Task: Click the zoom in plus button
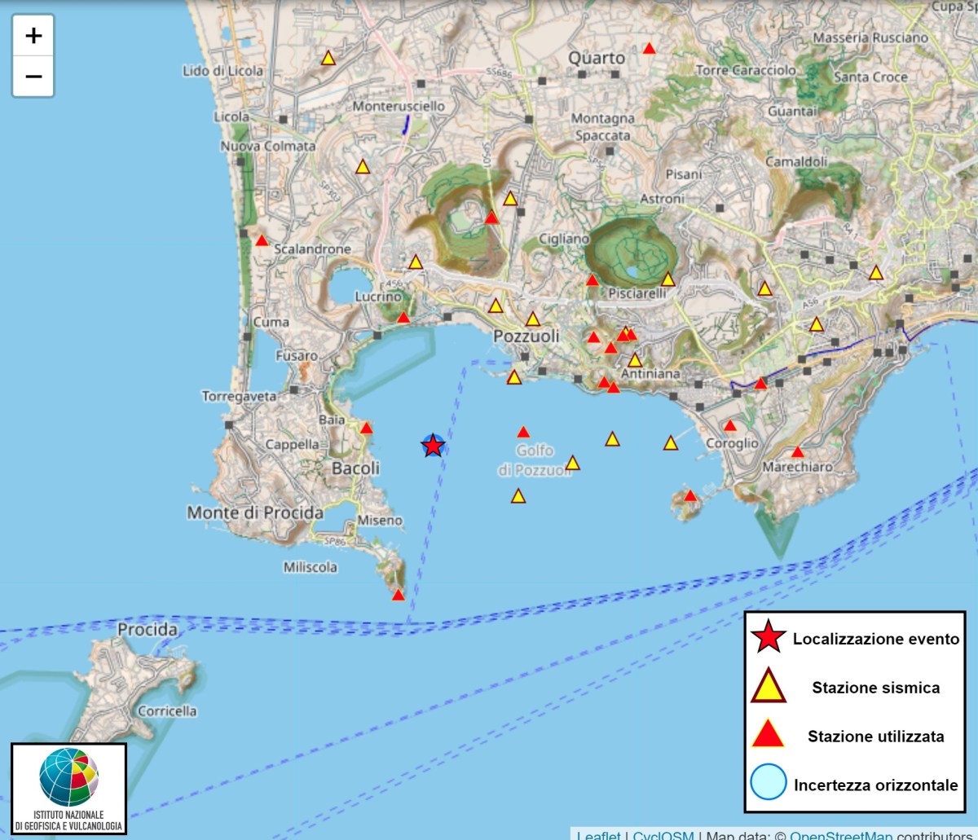33,36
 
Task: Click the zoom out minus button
33,77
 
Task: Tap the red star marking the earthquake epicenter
433,446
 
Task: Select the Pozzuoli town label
526,336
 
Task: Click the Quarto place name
597,58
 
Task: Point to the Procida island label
148,630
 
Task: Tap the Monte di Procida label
255,512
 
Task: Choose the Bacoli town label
355,468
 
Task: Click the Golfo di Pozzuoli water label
535,461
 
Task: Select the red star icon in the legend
769,639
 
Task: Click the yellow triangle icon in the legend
769,687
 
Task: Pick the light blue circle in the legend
769,785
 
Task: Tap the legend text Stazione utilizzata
875,737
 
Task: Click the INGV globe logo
68,776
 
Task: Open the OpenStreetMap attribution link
842,834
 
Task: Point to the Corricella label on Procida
167,711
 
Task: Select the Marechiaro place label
797,468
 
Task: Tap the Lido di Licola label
222,71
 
